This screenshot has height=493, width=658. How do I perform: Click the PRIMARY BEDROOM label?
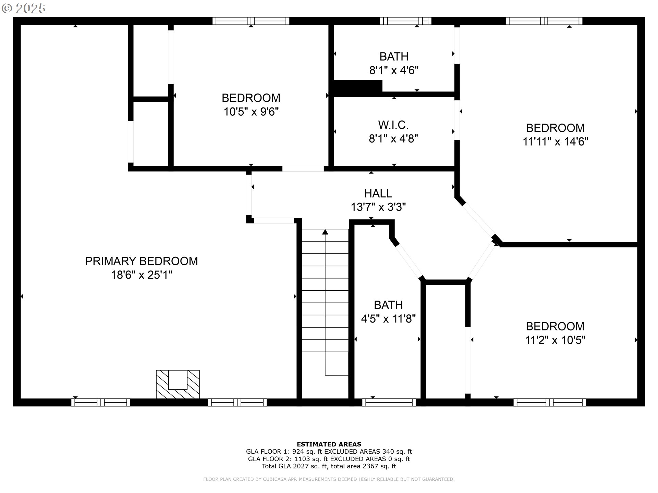tap(141, 261)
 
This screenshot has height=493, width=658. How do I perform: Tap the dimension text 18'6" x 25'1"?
tap(141, 275)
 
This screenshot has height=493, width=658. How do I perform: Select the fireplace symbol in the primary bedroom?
tap(178, 384)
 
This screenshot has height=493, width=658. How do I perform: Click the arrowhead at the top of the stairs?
tap(325, 232)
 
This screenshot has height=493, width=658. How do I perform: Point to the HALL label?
tap(378, 193)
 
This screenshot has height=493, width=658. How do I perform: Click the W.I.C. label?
tap(393, 125)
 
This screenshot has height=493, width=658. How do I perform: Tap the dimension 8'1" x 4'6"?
tap(394, 71)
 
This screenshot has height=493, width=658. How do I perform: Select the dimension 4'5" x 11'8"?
tap(388, 319)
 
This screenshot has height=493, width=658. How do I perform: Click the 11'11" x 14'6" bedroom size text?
tap(555, 142)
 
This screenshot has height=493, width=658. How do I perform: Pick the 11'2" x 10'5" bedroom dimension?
tap(555, 340)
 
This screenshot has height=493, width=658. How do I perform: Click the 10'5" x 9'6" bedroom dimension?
tap(251, 112)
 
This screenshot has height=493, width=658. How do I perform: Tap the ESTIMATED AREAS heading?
tap(329, 444)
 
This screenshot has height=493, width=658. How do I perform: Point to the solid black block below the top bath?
tap(357, 88)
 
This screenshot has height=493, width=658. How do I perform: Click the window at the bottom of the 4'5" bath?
tap(389, 402)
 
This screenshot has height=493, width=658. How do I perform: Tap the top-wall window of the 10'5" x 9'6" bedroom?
tap(251, 21)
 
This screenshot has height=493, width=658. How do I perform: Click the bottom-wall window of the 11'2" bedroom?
tap(549, 402)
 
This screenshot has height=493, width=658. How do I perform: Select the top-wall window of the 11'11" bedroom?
tap(544, 21)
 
